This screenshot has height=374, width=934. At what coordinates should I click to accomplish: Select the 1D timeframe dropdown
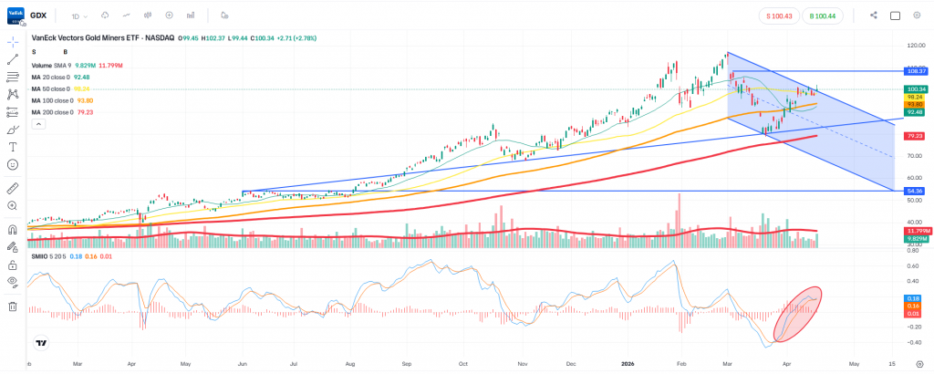tap(80, 16)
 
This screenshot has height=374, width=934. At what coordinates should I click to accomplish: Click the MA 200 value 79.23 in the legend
tap(87, 112)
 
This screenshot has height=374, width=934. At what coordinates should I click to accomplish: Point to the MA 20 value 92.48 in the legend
tap(80, 77)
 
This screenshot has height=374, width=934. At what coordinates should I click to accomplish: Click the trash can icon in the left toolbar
tap(13, 306)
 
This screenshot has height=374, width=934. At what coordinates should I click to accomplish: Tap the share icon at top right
tap(874, 16)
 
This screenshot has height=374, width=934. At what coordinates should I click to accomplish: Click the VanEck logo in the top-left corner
tap(14, 16)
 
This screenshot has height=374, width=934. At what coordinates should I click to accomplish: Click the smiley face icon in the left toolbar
tap(13, 164)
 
